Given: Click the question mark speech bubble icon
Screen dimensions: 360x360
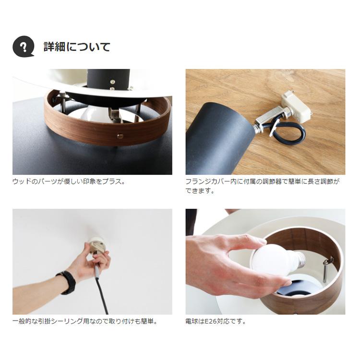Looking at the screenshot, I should (23, 47).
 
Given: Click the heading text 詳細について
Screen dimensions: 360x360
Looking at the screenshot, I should (77, 47).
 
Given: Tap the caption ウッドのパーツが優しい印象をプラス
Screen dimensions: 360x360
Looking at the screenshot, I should (69, 182).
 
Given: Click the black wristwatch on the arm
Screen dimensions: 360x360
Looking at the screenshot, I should (67, 282).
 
